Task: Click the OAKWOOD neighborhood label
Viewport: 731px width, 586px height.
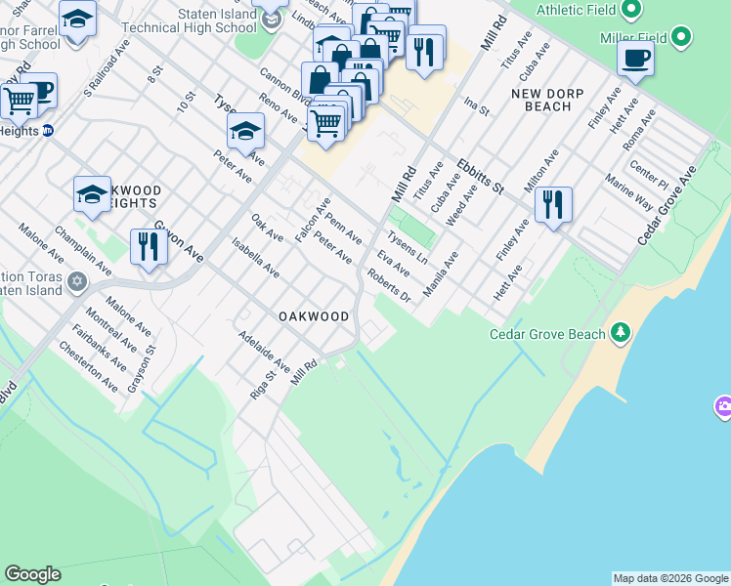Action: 314,316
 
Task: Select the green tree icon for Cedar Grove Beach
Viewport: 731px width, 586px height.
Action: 620,334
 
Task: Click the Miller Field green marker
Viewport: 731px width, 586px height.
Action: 681,38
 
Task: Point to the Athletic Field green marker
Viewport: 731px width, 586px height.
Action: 631,10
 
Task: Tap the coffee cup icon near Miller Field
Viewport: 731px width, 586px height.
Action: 635,58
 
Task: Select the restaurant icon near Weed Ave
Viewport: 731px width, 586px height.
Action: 553,204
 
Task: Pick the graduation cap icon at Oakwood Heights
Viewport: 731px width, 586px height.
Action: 92,192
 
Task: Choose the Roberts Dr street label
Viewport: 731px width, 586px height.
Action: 388,285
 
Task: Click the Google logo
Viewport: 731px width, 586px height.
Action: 32,574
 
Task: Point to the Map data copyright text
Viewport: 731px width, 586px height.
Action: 670,578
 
